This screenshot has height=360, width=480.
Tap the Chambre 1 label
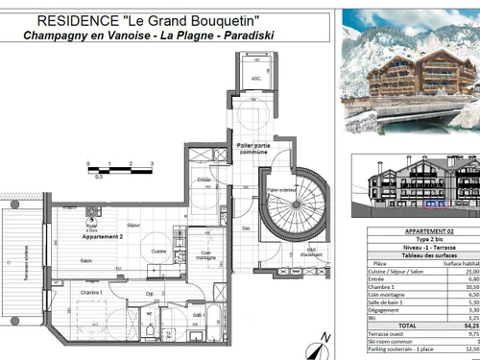click(91, 292)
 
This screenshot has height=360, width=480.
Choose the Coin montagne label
click(206, 255)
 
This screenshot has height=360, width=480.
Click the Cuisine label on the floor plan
click(159, 252)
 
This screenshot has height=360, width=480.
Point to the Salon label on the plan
click(86, 260)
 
